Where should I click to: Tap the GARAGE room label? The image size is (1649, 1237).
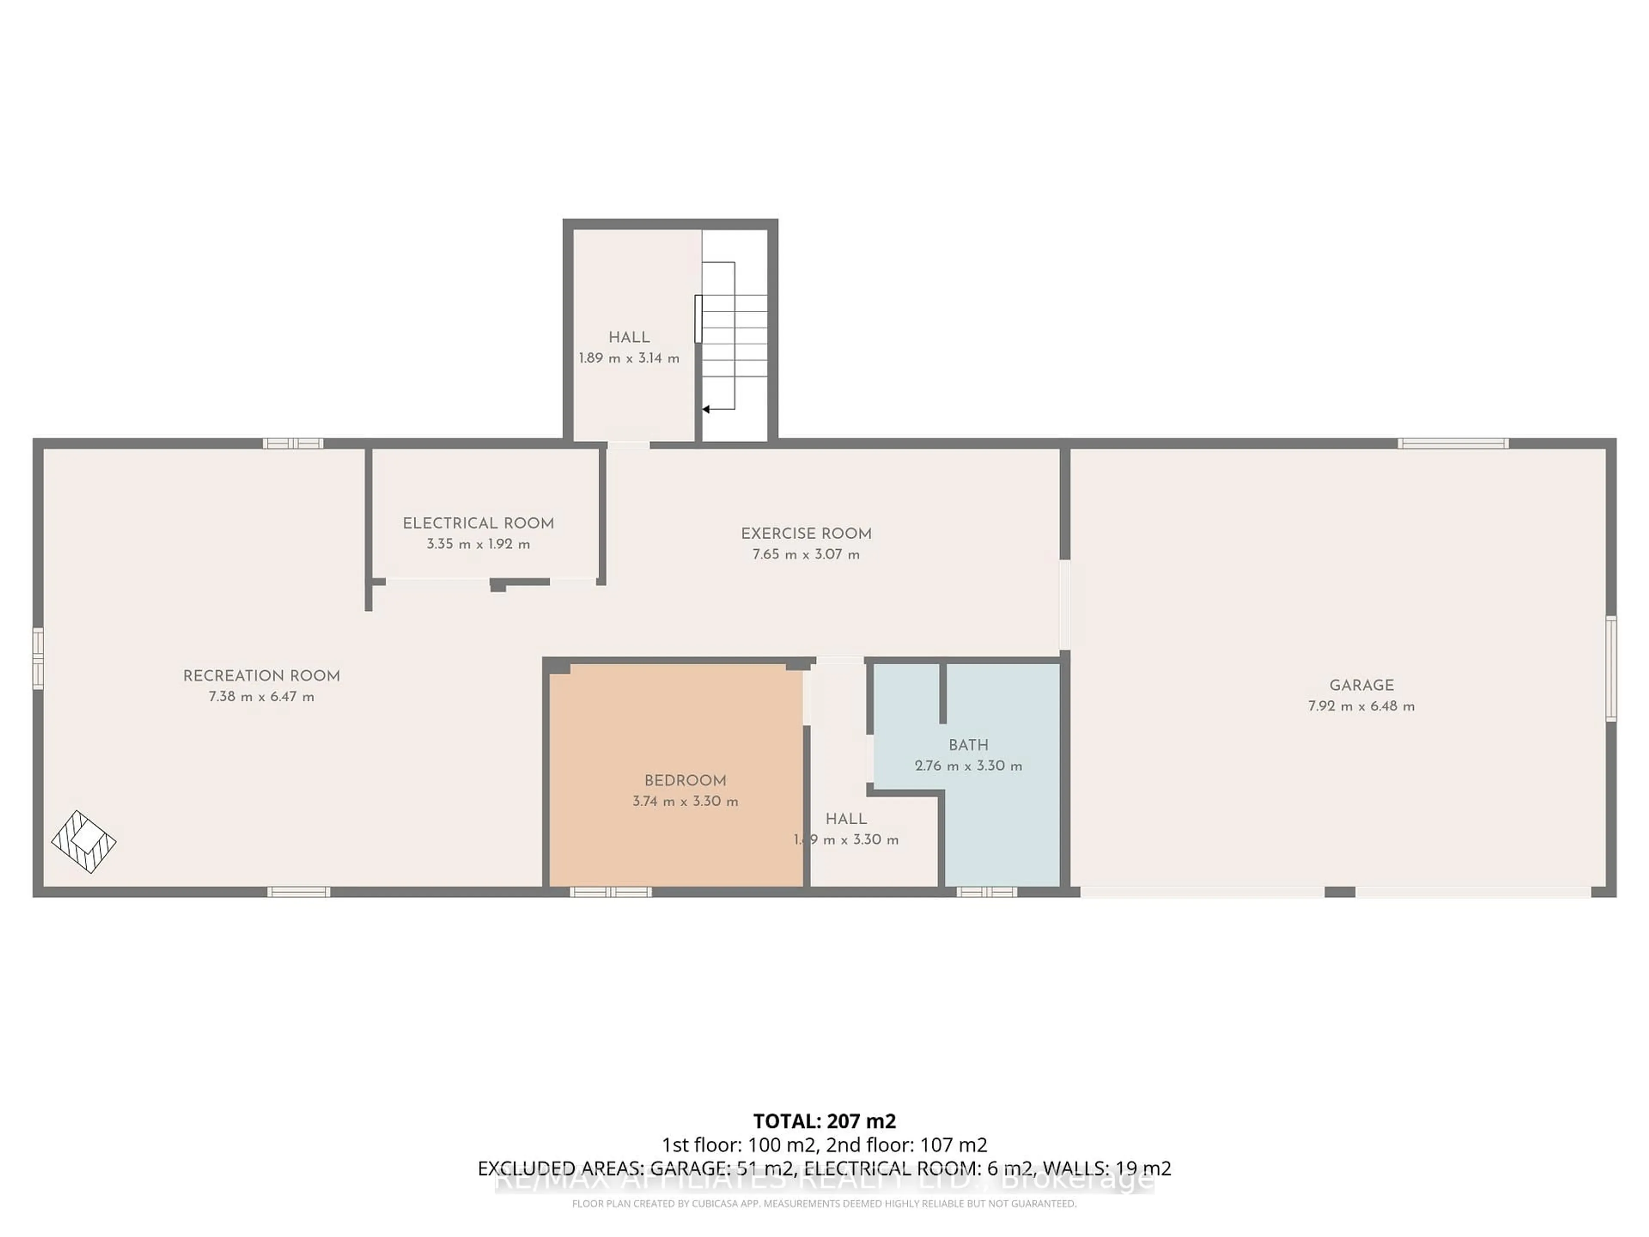click(1361, 685)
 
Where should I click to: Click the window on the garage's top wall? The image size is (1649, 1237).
click(1453, 444)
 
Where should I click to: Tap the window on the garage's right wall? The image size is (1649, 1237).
click(1611, 669)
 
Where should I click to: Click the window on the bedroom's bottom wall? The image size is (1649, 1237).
click(611, 892)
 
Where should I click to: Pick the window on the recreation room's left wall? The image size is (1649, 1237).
click(38, 658)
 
